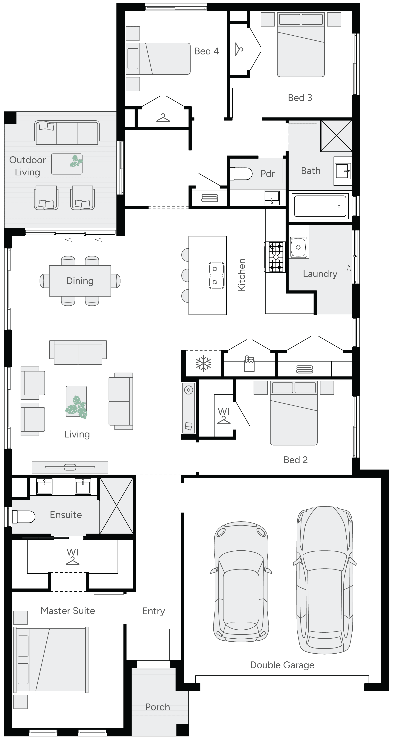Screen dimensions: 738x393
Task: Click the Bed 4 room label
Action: click(207, 51)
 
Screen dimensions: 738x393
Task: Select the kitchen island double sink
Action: click(216, 275)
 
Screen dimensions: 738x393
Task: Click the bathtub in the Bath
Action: click(320, 206)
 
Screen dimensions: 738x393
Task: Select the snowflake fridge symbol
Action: click(203, 364)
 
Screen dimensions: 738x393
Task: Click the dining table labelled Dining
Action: click(80, 281)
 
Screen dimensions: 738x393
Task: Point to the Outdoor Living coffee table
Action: click(67, 164)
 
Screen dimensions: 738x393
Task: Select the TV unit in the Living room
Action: click(70, 467)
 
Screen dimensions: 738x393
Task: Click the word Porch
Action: click(158, 707)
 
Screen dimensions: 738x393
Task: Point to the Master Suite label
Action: click(68, 611)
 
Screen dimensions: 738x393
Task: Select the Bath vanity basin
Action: click(343, 171)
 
